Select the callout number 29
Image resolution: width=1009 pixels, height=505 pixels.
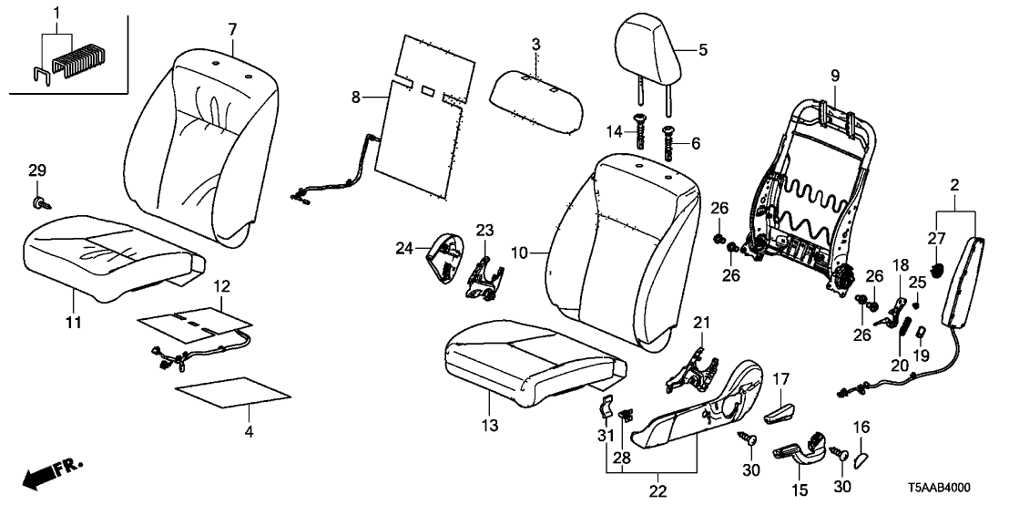36,170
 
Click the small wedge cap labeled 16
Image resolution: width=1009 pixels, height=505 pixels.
861,449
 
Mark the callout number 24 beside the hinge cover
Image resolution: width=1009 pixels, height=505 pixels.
404,246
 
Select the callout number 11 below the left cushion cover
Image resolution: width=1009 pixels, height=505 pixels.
74,321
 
